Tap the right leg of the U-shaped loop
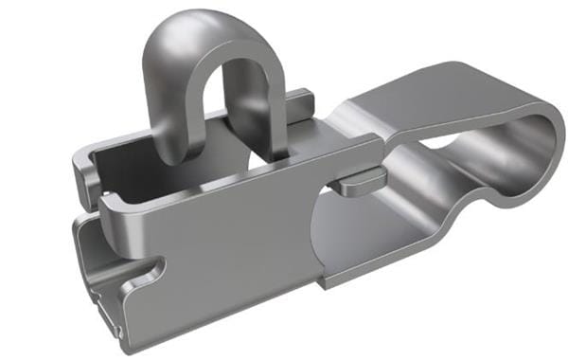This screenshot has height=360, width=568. (254, 104)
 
